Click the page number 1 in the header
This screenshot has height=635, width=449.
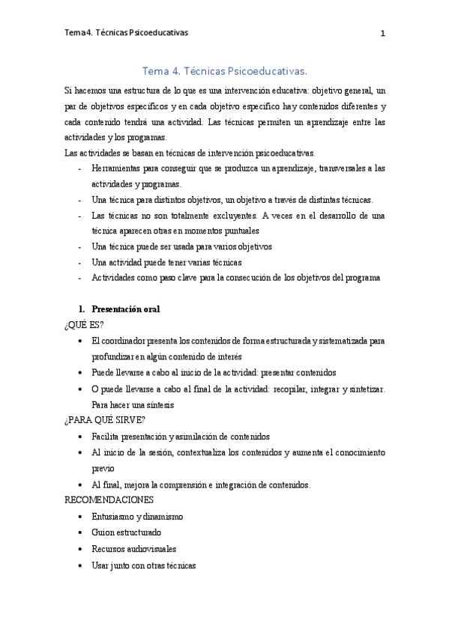coord(382,34)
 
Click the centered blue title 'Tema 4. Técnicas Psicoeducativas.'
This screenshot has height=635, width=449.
coord(224,71)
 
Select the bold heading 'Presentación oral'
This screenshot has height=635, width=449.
coord(125,309)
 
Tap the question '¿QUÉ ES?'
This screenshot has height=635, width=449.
coord(85,324)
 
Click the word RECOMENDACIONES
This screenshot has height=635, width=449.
coord(109,499)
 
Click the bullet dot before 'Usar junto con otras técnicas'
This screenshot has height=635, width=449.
coord(81,565)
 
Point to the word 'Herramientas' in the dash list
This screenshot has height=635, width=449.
coord(115,168)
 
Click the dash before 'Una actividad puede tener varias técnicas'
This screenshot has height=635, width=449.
coord(80,262)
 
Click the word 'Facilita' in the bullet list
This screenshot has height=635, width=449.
coord(106,437)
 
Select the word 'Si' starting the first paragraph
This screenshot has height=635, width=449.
coord(69,90)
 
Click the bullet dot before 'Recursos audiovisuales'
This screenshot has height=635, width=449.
coord(81,549)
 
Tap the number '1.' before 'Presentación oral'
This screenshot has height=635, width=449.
coord(83,309)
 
